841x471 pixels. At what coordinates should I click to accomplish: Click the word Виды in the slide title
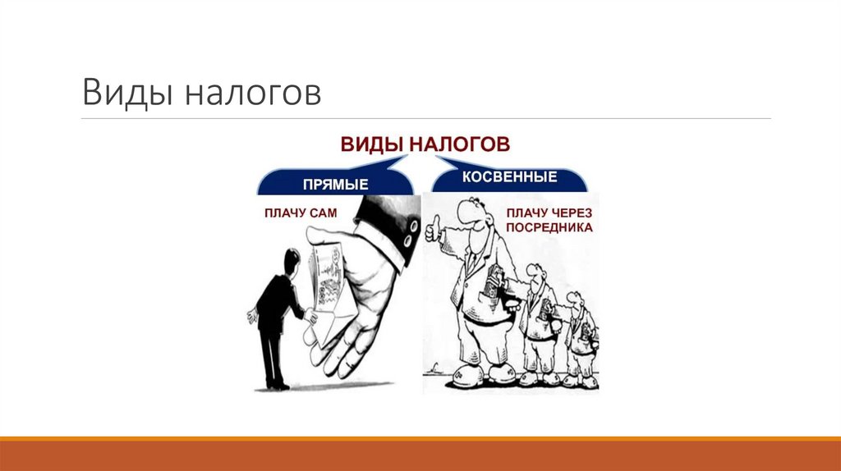126,92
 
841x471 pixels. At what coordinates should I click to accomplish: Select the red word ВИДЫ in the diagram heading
370,144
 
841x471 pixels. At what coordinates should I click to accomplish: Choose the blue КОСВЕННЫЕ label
509,177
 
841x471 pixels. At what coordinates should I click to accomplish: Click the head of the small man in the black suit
290,261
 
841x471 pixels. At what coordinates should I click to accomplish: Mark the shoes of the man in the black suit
278,384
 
